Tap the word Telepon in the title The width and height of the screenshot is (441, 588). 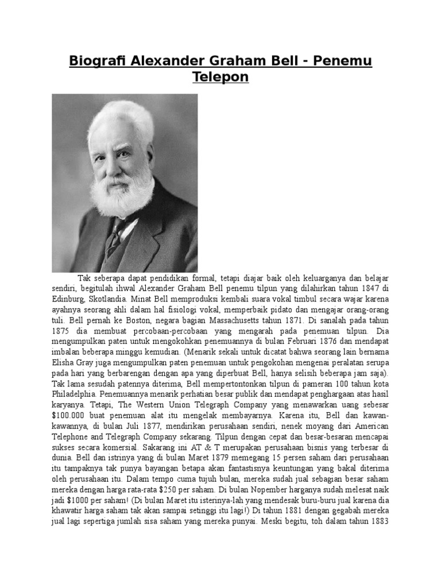point(220,77)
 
